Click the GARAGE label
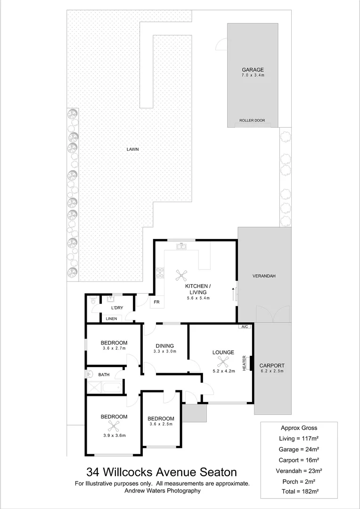click(x=253, y=70)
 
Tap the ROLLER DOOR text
click(x=252, y=121)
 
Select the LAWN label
click(x=132, y=149)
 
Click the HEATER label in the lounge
click(x=245, y=363)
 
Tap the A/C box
click(x=244, y=327)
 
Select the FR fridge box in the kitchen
click(x=156, y=302)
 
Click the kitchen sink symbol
click(x=181, y=246)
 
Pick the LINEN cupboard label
click(x=111, y=319)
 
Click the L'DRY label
click(x=116, y=308)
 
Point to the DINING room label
click(x=164, y=345)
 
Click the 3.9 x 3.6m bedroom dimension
click(x=114, y=435)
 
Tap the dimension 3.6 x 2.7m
click(x=114, y=348)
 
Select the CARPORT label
click(x=272, y=365)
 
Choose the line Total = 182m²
click(x=299, y=492)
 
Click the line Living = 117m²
click(x=299, y=438)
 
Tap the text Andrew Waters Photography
click(x=163, y=490)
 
